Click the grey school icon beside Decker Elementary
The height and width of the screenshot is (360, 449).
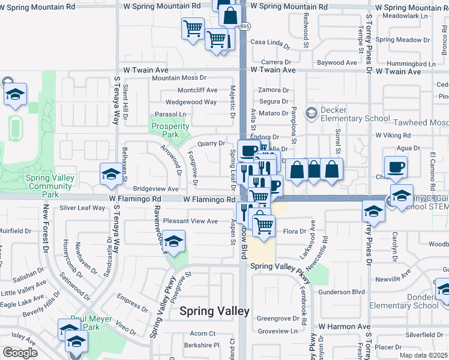311,113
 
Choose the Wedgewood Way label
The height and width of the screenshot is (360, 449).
191,102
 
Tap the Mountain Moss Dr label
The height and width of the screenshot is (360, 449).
179,78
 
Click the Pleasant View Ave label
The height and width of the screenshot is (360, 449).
191,221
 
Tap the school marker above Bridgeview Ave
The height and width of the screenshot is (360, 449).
110,175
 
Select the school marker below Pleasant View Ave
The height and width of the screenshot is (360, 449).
173,242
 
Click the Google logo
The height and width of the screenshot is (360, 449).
20,352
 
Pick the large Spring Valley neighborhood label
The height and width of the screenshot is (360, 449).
214,311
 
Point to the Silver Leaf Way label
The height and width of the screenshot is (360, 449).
82,208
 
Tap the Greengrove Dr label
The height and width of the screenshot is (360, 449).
277,319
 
